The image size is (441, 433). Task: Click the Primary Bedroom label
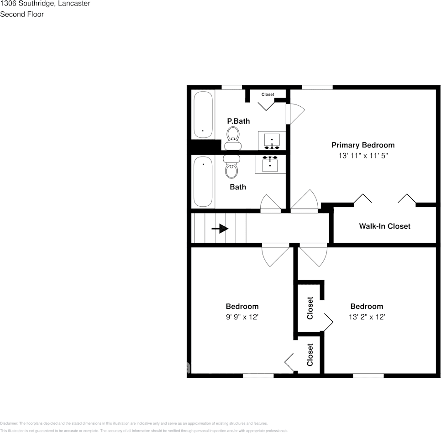click(x=362, y=145)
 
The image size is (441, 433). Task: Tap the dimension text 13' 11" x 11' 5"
click(x=362, y=156)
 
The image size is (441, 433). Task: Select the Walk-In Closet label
click(x=384, y=226)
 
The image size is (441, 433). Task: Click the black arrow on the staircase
click(x=220, y=228)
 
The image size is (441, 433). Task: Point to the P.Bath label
click(x=238, y=121)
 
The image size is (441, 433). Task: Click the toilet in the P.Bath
click(x=233, y=136)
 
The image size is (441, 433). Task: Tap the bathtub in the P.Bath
click(x=203, y=115)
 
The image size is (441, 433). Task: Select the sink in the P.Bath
click(x=272, y=140)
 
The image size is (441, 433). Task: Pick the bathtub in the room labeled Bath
click(x=203, y=182)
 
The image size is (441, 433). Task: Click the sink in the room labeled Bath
click(x=270, y=164)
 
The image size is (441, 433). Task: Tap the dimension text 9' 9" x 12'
click(x=242, y=317)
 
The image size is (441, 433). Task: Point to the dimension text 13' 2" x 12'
click(x=367, y=317)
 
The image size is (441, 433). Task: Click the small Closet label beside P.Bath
click(x=268, y=94)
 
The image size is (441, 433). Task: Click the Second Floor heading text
click(x=22, y=14)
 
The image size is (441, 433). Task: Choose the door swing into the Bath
click(x=270, y=204)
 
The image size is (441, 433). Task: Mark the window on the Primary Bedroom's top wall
click(x=317, y=87)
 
